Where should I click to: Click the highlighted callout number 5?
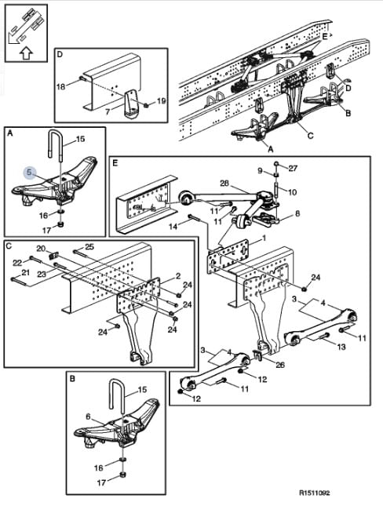point(30,172)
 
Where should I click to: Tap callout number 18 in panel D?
point(61,87)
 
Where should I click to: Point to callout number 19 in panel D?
point(162,100)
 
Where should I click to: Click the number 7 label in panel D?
point(108,112)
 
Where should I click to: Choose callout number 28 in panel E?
point(224,183)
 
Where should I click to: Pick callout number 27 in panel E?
point(293,168)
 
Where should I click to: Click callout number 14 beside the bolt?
point(173,226)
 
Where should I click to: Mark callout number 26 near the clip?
point(280,365)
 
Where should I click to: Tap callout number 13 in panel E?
point(341,347)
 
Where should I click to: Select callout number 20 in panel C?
point(41,249)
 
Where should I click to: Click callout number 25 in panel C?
point(89,246)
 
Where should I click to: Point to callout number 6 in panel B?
point(88,417)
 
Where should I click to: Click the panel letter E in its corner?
point(115,163)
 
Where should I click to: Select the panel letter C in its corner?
point(9,246)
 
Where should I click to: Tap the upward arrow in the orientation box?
point(27,53)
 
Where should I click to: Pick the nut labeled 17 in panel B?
point(123,475)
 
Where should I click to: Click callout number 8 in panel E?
point(297,213)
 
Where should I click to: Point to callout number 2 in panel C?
point(177,276)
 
